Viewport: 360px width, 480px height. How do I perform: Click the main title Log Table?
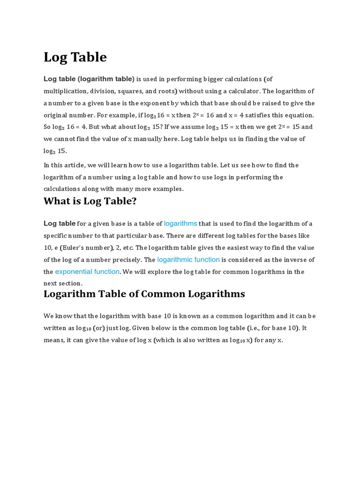pos(75,57)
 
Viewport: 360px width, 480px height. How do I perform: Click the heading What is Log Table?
pos(90,202)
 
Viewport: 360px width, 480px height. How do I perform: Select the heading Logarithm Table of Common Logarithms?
pos(144,294)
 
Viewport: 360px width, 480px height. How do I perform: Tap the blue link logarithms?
pos(180,224)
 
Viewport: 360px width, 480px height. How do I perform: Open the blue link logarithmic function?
pos(188,260)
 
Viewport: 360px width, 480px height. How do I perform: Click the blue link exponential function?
pos(87,272)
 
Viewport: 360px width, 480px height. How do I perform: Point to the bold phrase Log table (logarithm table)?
pos(89,79)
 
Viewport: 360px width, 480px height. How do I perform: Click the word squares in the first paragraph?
pos(131,91)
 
